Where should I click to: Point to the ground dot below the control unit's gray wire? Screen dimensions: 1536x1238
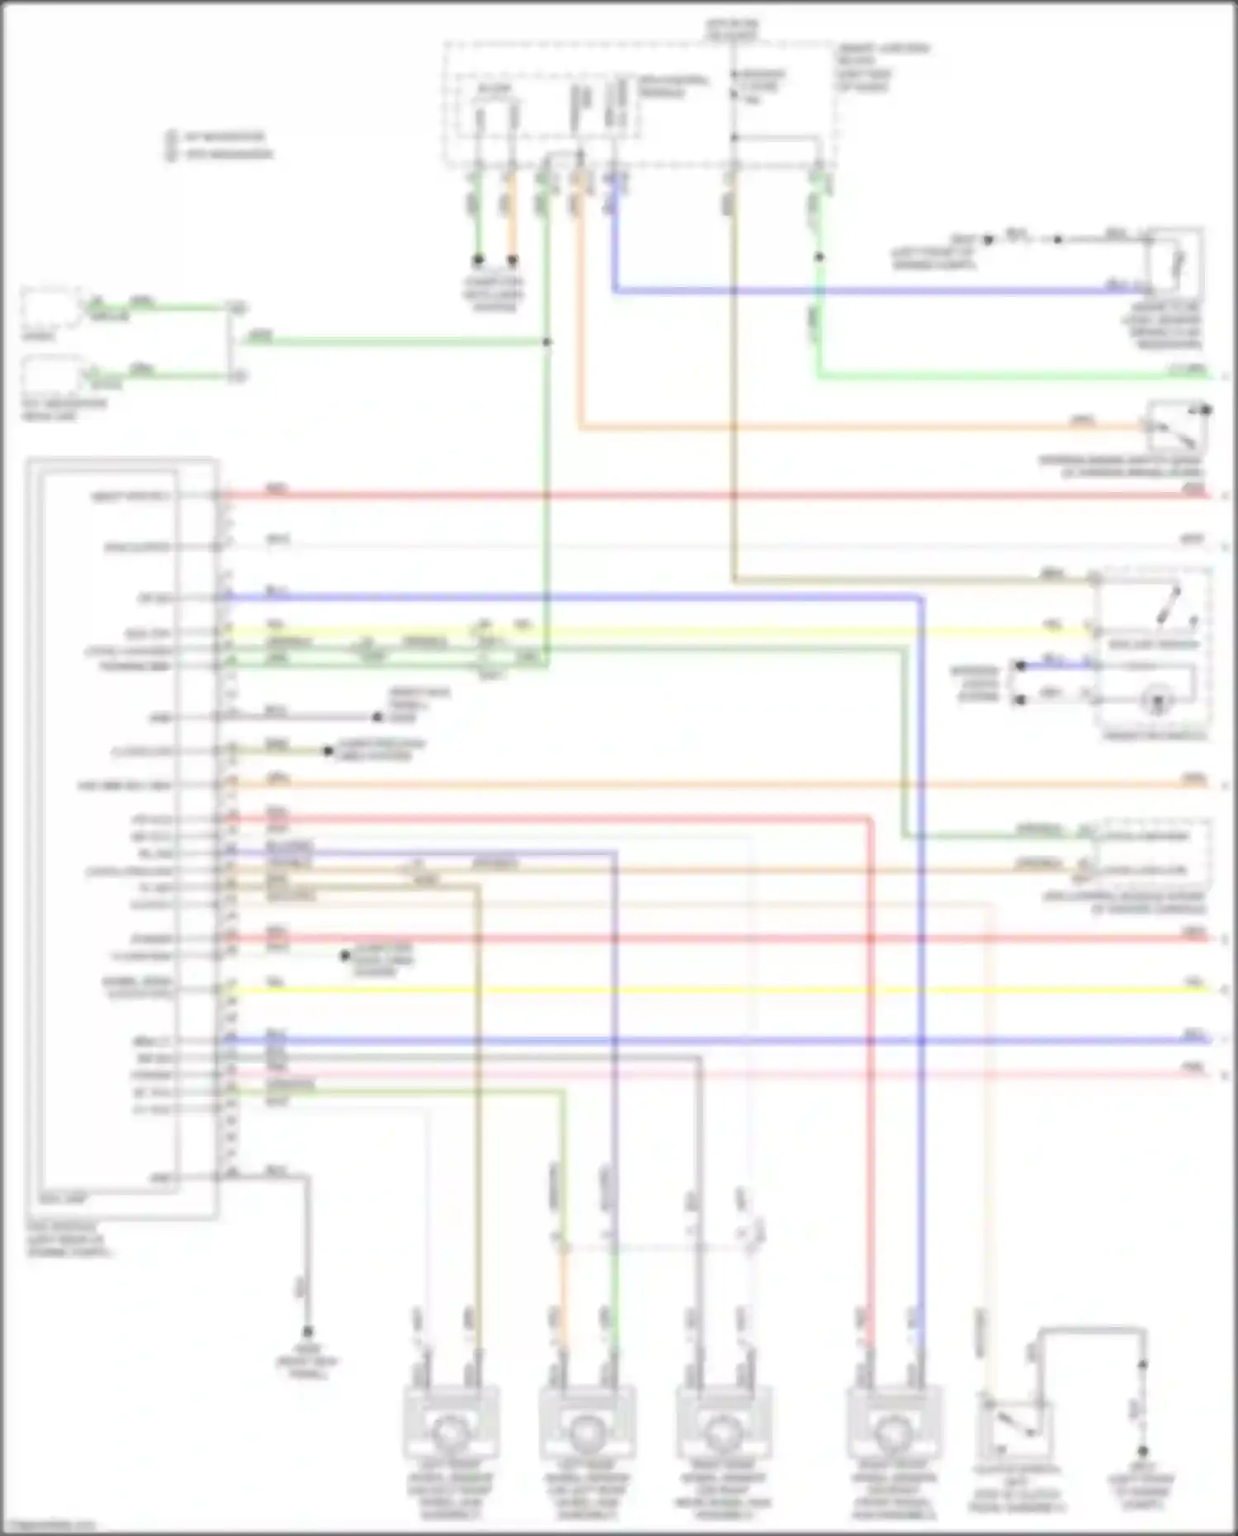pyautogui.click(x=307, y=1332)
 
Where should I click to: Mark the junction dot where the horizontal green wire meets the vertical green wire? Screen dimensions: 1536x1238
pyautogui.click(x=546, y=342)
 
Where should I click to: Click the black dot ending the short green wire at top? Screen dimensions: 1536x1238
pyautogui.click(x=478, y=260)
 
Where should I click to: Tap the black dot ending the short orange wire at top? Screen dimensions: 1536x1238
pyautogui.click(x=513, y=260)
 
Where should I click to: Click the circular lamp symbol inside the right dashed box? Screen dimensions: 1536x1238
pyautogui.click(x=1157, y=702)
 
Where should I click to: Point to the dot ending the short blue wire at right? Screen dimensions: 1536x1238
pyautogui.click(x=1021, y=665)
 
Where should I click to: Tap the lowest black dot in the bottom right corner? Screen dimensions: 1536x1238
pyautogui.click(x=1143, y=1451)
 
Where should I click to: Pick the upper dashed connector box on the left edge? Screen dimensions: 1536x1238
pyautogui.click(x=51, y=309)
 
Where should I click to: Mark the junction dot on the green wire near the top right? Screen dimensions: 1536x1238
pyautogui.click(x=820, y=258)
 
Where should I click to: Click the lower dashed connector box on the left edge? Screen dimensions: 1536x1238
pyautogui.click(x=51, y=376)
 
